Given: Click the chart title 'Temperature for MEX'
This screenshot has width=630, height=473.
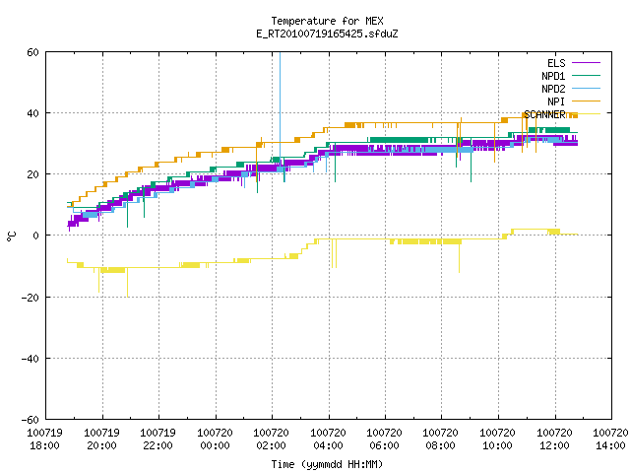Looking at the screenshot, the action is [x=327, y=21].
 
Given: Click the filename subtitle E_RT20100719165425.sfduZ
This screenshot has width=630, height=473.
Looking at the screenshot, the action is [x=327, y=34].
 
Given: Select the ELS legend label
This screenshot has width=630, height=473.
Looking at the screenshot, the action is [x=556, y=63].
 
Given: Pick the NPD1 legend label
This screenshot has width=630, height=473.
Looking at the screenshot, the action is [x=553, y=76].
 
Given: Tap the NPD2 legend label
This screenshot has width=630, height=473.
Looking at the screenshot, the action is [x=553, y=89].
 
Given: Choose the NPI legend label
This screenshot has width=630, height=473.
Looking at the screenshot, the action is [x=556, y=101].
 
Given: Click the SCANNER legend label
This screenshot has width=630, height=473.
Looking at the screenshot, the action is [x=544, y=114].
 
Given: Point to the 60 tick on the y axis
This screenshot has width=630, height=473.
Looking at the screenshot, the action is [x=32, y=52].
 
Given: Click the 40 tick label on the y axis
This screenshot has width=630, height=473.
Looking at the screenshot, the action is [x=32, y=113].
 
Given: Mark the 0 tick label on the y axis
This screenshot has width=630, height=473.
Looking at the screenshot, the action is [x=35, y=236].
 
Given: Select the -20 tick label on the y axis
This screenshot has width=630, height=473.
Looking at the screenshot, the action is [x=31, y=298].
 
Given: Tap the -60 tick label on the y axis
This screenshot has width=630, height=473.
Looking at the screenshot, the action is [x=31, y=420].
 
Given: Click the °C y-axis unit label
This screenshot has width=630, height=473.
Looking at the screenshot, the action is [x=11, y=236].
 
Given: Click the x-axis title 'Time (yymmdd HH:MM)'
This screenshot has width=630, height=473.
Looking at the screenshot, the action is [x=327, y=464].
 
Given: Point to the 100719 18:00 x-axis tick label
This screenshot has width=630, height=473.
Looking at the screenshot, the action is [x=45, y=439].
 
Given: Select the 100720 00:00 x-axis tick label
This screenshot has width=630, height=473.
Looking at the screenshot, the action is [x=215, y=439].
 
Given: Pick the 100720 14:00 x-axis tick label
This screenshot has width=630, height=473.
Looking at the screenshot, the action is [x=610, y=439].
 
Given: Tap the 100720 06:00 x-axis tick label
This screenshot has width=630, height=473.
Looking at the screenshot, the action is [x=385, y=439].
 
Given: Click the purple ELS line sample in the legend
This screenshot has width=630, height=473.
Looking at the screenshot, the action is [x=587, y=63].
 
